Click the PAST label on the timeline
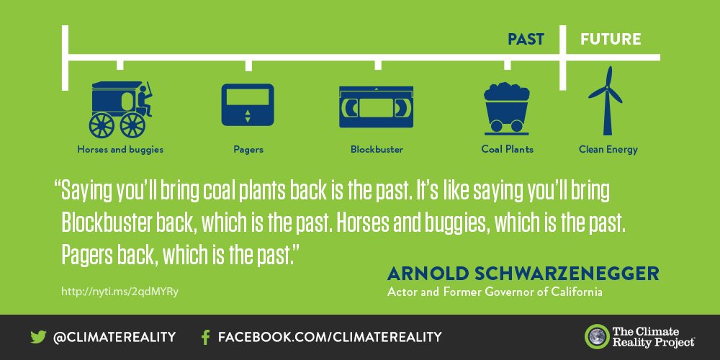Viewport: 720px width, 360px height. tap(526, 39)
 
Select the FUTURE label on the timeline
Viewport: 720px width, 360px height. tap(611, 39)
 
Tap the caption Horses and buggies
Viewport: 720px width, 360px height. tap(120, 150)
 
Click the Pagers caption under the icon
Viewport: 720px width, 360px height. tap(248, 150)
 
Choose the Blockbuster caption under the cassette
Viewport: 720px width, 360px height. tap(377, 150)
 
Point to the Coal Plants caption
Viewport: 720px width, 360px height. tap(507, 150)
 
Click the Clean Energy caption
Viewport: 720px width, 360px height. tap(608, 150)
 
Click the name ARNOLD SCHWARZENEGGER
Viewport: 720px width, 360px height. tap(523, 274)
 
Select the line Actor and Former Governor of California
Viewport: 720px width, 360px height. tap(494, 292)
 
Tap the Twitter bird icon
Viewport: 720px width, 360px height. tap(38, 337)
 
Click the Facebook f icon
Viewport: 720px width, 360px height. tap(205, 337)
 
